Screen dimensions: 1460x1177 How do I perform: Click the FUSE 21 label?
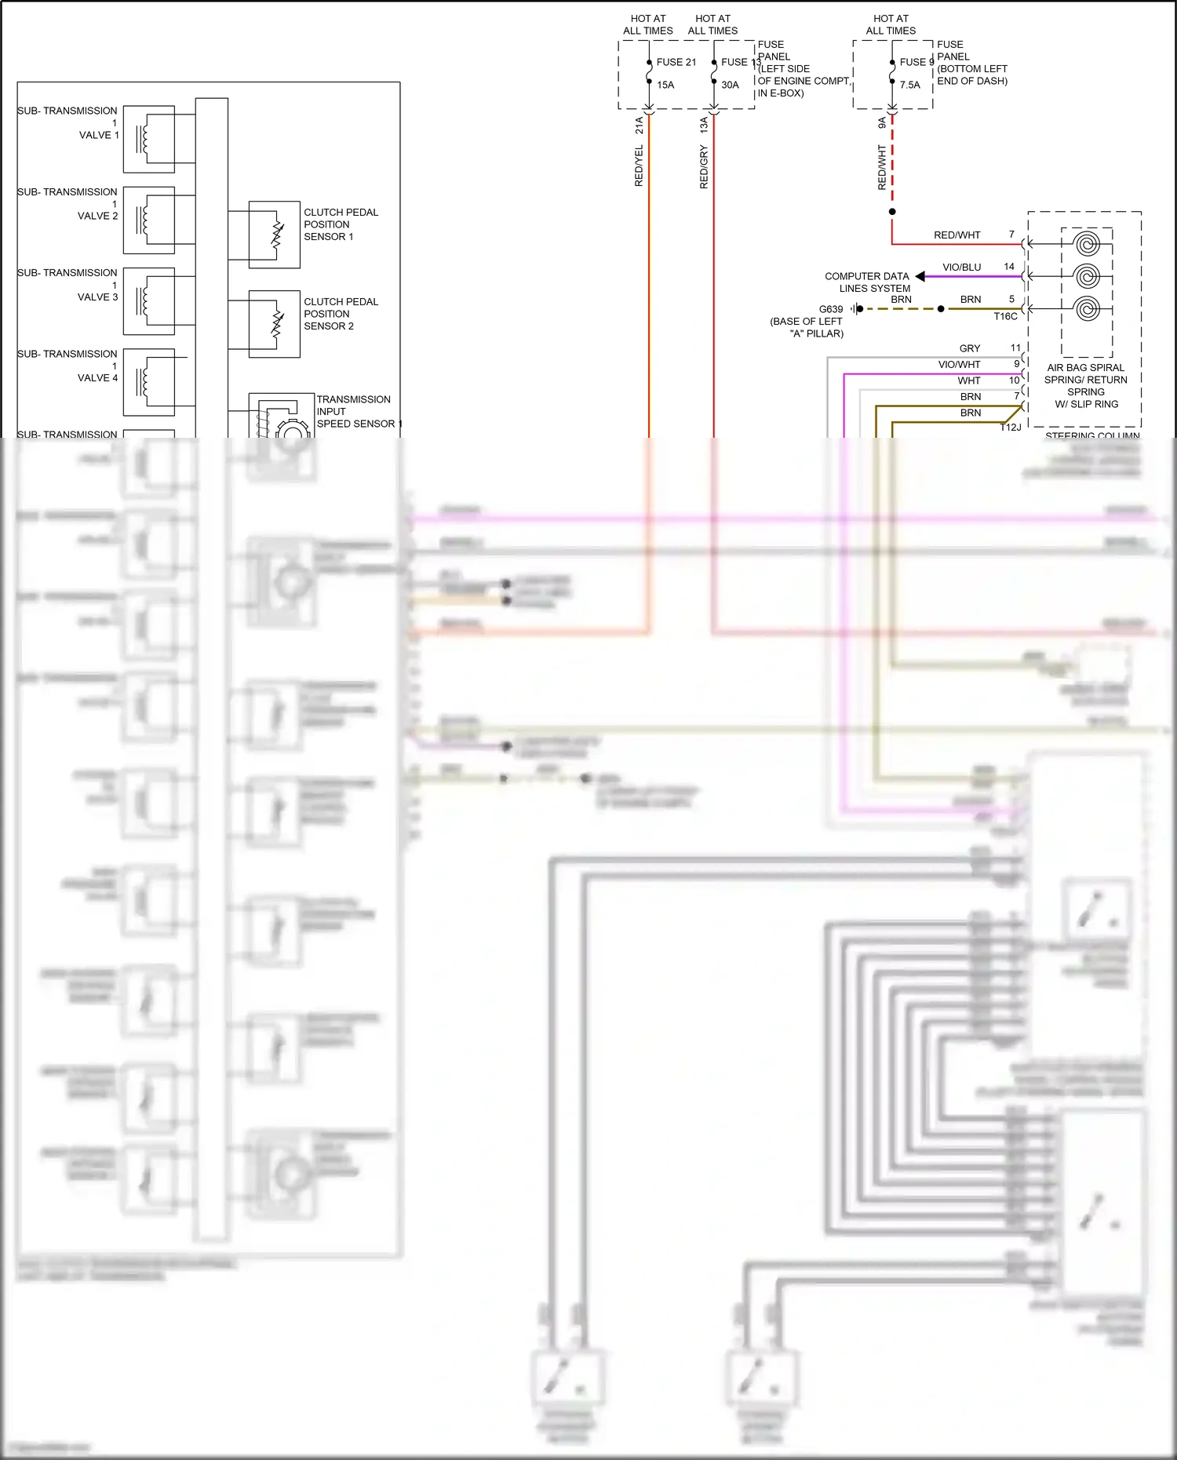click(x=676, y=62)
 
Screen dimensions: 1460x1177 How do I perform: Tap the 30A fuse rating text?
click(x=730, y=85)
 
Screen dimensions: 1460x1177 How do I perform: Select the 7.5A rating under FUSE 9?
click(x=909, y=85)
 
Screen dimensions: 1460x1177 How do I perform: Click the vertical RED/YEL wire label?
click(x=639, y=166)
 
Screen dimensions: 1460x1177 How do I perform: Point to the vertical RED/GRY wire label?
click(x=704, y=167)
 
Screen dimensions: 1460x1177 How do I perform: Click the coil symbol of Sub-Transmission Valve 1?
click(x=144, y=140)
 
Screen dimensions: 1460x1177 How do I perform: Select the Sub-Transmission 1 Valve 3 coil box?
click(x=148, y=301)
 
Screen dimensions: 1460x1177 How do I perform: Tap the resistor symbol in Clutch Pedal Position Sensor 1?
click(x=277, y=235)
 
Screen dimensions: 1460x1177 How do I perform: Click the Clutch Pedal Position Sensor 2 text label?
click(x=340, y=314)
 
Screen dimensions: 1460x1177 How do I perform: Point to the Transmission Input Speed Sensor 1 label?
click(x=358, y=412)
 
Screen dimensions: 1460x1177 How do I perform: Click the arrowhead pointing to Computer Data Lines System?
click(x=920, y=276)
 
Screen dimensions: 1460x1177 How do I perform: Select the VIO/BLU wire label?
click(x=961, y=268)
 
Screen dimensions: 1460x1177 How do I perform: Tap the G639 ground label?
click(x=830, y=309)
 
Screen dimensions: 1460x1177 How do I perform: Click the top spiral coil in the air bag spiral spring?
click(x=1087, y=244)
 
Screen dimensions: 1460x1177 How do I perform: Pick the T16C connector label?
click(x=1005, y=317)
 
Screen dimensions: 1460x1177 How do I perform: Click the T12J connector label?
click(x=1011, y=428)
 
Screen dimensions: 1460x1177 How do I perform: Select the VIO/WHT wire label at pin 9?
click(x=959, y=365)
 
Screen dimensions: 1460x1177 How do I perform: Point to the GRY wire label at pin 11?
click(x=969, y=348)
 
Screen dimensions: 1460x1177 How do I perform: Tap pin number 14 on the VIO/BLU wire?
click(x=1009, y=267)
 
